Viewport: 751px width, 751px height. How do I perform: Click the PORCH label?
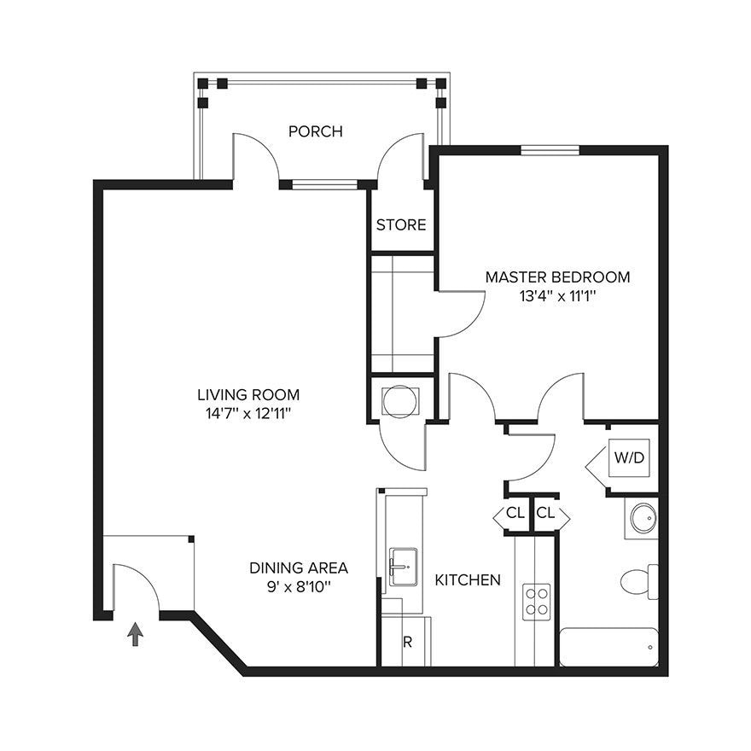pos(316,131)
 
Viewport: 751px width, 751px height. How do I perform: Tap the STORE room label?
pos(401,224)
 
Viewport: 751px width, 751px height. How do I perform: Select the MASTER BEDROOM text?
pos(557,277)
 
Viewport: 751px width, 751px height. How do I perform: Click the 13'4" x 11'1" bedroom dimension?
pos(557,296)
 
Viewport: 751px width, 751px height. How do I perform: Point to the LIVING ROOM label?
pos(248,394)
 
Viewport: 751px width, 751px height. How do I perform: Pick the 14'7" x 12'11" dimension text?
pos(248,413)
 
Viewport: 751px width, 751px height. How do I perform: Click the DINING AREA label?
pos(299,568)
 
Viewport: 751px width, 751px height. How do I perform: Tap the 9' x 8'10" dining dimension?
pos(299,587)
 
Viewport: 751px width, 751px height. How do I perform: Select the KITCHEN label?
pos(468,580)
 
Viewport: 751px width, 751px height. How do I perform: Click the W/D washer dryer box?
pos(629,457)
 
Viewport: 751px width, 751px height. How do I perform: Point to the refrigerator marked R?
pos(406,642)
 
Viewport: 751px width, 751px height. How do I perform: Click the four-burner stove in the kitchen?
pos(537,602)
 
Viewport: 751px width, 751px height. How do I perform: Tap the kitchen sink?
pos(403,567)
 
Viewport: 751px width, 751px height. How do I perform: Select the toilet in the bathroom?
pos(639,581)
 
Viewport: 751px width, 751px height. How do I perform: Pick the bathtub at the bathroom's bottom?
pos(608,647)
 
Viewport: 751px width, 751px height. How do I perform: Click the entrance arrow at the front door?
pos(135,634)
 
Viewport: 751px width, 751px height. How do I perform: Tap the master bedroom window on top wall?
pos(550,150)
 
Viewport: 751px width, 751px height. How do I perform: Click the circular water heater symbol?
pos(399,401)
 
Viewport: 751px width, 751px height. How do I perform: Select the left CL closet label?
pos(515,513)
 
